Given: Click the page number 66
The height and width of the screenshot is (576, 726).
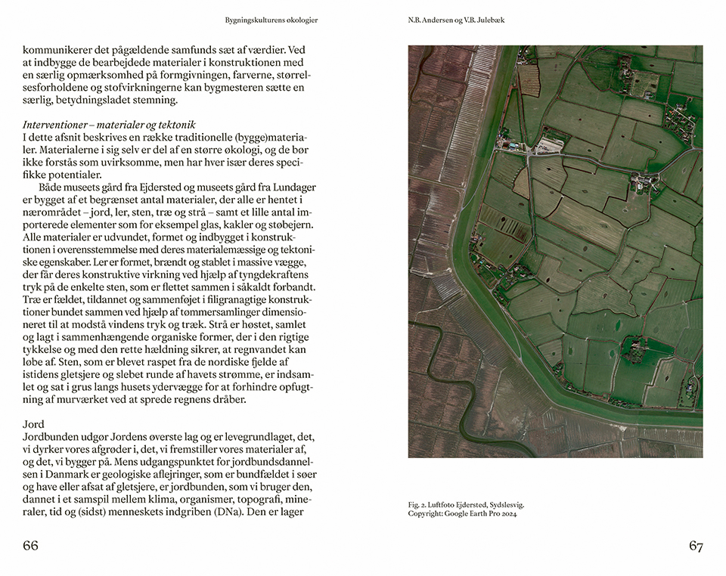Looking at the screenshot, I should (x=30, y=546).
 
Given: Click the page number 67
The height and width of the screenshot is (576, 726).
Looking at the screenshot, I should (x=696, y=546).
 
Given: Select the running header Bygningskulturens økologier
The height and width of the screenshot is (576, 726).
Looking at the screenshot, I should (x=271, y=20).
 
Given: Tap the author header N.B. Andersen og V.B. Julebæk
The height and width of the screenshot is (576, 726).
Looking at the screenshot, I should (x=456, y=20).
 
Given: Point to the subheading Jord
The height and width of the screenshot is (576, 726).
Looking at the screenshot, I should (x=33, y=424).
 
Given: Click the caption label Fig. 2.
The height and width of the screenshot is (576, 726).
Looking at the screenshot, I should (x=417, y=504).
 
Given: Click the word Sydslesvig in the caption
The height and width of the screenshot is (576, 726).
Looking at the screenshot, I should (x=506, y=504).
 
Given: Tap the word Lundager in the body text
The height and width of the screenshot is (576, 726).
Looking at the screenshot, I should (x=290, y=187).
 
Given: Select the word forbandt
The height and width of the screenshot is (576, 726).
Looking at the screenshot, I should (x=291, y=288).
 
